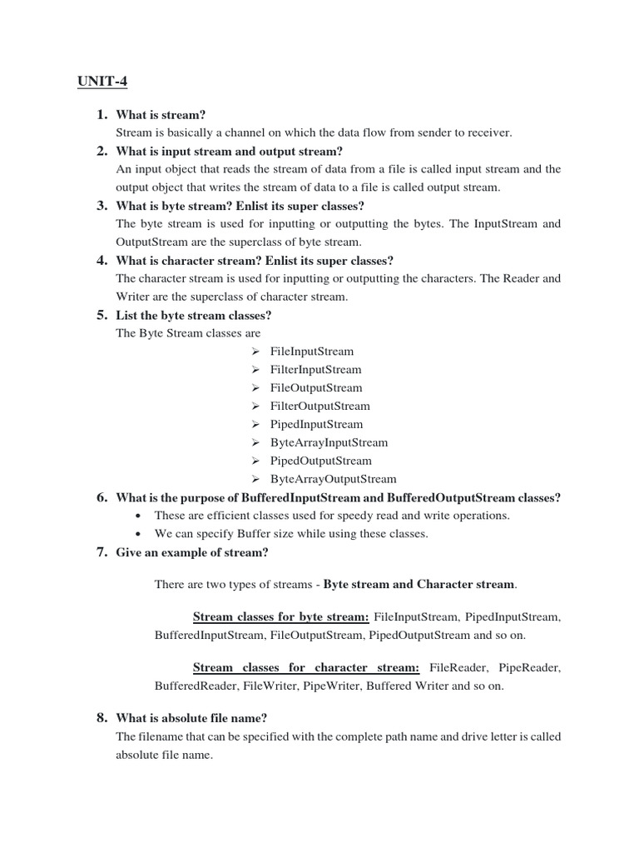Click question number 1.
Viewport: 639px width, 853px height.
(101, 115)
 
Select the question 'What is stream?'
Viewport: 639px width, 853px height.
(161, 115)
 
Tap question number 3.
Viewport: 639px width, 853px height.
(101, 206)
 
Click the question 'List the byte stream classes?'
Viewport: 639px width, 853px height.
(194, 315)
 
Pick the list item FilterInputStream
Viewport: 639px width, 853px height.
(315, 370)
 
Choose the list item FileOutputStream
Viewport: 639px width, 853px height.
(316, 388)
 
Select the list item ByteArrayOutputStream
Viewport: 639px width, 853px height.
(333, 480)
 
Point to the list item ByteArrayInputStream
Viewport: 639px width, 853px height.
(329, 443)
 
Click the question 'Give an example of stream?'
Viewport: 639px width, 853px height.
(192, 553)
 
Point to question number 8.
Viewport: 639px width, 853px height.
(101, 718)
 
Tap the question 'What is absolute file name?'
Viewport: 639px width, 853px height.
(191, 718)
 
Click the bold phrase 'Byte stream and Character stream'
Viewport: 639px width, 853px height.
(419, 585)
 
